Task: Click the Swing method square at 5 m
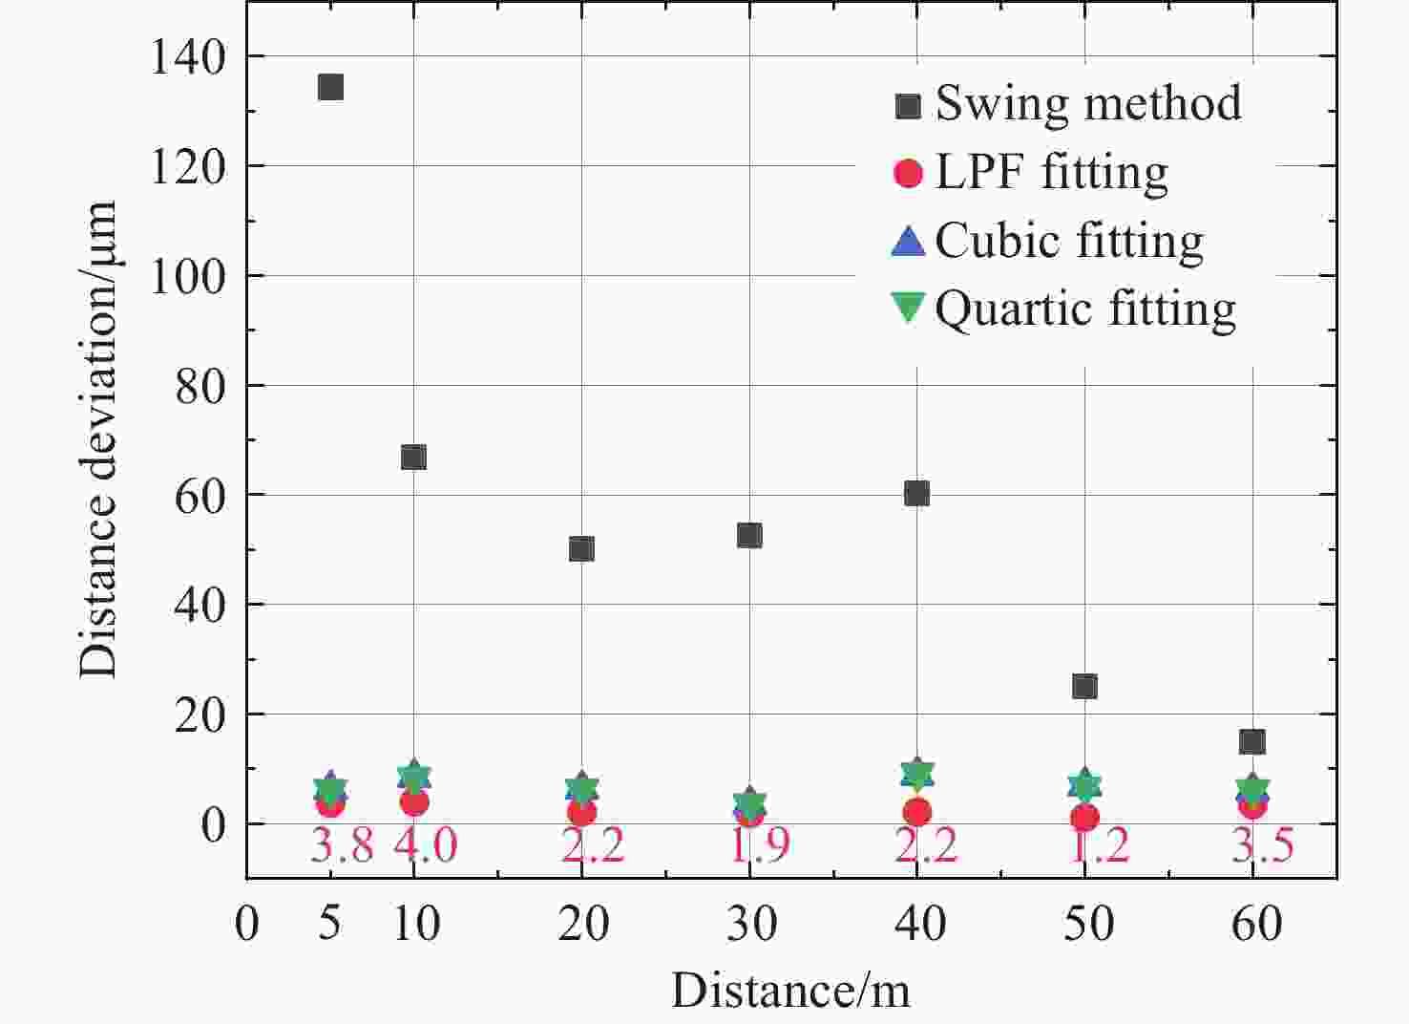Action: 330,88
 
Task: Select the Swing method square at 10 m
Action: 413,458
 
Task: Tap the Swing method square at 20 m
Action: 581,549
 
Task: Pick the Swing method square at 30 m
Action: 749,535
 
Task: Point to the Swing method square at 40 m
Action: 916,494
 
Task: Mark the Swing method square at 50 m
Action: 1084,687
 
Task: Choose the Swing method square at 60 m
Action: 1251,741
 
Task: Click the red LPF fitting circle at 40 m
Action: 917,813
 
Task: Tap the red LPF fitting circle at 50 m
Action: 1084,818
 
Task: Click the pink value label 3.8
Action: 342,845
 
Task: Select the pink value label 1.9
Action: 760,845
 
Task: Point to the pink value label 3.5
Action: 1262,845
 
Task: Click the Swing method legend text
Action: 1088,103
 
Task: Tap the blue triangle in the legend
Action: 908,241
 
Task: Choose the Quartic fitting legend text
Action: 1085,309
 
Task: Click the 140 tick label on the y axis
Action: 188,57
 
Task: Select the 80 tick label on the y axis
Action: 200,386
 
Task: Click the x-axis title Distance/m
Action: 790,991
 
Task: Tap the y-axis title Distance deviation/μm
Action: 98,439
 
